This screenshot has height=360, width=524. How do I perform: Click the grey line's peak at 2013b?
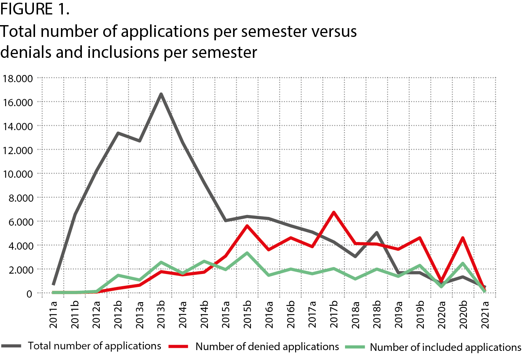pyautogui.click(x=161, y=94)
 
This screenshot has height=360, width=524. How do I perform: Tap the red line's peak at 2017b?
pyautogui.click(x=334, y=212)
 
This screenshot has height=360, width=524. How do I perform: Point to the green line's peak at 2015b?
pyautogui.click(x=248, y=253)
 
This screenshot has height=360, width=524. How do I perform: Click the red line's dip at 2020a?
pyautogui.click(x=441, y=281)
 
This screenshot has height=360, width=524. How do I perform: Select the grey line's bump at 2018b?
pyautogui.click(x=377, y=233)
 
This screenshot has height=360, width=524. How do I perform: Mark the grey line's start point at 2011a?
pyautogui.click(x=53, y=284)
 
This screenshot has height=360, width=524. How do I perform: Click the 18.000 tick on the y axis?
pyautogui.click(x=18, y=79)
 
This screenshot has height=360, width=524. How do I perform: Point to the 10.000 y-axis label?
pyautogui.click(x=18, y=174)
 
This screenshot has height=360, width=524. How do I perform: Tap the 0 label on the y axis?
pyautogui.click(x=29, y=294)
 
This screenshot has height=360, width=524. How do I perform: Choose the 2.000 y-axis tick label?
pyautogui.click(x=21, y=270)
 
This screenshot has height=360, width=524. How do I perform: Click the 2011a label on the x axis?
pyautogui.click(x=53, y=314)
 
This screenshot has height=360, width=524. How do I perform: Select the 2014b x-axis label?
pyautogui.click(x=204, y=314)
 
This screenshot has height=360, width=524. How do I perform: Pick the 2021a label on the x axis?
pyautogui.click(x=485, y=314)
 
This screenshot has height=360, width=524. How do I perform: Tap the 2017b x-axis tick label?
pyautogui.click(x=334, y=314)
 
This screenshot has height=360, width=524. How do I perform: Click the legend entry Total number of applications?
pyautogui.click(x=94, y=346)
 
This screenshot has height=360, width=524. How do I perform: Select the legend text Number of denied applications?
pyautogui.click(x=267, y=347)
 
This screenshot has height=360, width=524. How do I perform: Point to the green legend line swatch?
pyautogui.click(x=355, y=347)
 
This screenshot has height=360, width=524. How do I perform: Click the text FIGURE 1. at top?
pyautogui.click(x=35, y=9)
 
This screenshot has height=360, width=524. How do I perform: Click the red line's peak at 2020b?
pyautogui.click(x=463, y=238)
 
